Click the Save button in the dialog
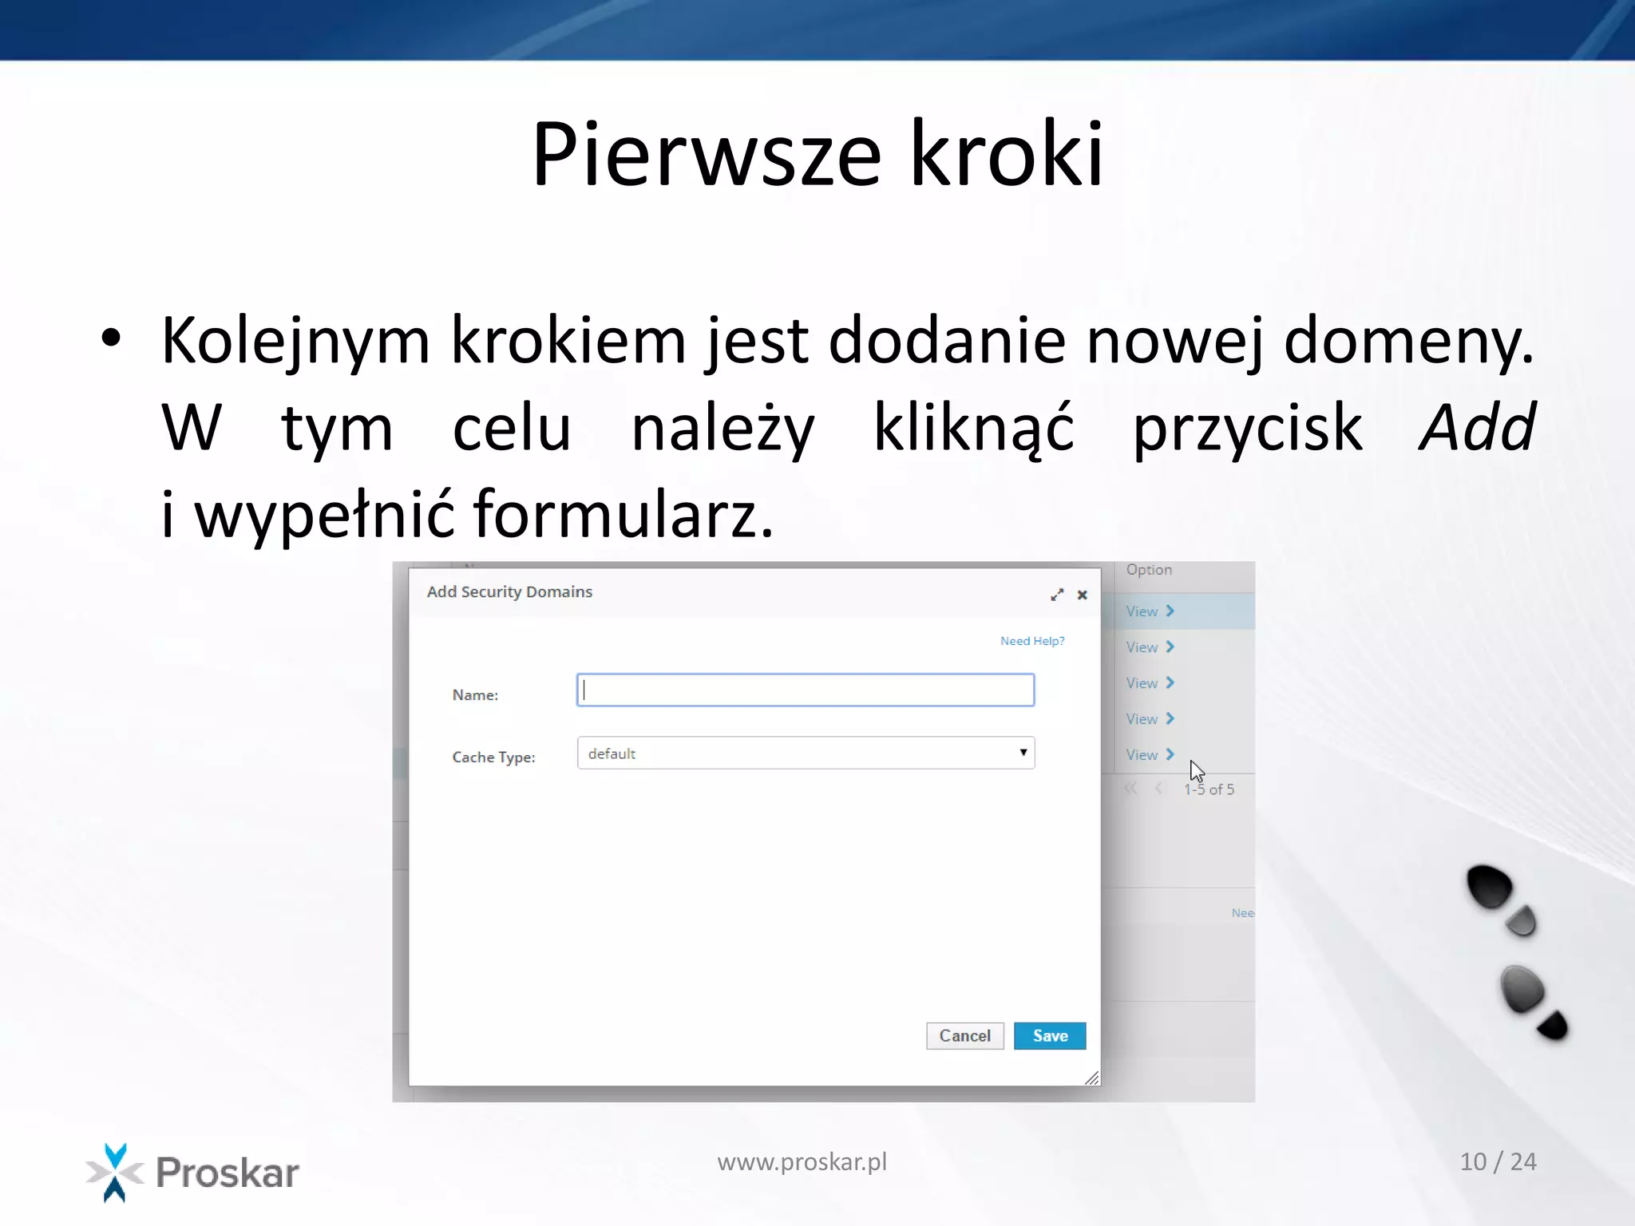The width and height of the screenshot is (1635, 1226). (1049, 1035)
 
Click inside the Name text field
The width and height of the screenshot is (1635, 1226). (805, 690)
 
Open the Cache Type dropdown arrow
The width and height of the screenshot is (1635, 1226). (1023, 753)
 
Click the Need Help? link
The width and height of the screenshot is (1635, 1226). (1032, 641)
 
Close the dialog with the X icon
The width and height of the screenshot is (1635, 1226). (1083, 595)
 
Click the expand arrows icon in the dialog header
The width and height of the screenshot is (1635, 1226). (1057, 595)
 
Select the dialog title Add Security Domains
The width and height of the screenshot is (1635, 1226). (509, 591)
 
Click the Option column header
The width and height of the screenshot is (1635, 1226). (1149, 570)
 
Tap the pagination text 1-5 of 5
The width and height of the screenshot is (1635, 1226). (1209, 789)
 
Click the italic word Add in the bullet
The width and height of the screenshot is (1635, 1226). (1477, 427)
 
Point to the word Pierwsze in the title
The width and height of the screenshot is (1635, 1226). (707, 153)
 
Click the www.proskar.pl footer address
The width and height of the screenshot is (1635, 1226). (802, 1161)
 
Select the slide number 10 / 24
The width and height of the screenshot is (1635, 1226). (1498, 1161)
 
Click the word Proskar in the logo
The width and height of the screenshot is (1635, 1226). (228, 1173)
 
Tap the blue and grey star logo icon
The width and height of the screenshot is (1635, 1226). (115, 1172)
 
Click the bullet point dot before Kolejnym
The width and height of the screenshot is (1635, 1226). (111, 338)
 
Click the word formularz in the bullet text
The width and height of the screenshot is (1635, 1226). (623, 514)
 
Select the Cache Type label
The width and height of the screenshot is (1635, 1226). (493, 757)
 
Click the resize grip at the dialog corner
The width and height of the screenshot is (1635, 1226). (1092, 1078)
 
